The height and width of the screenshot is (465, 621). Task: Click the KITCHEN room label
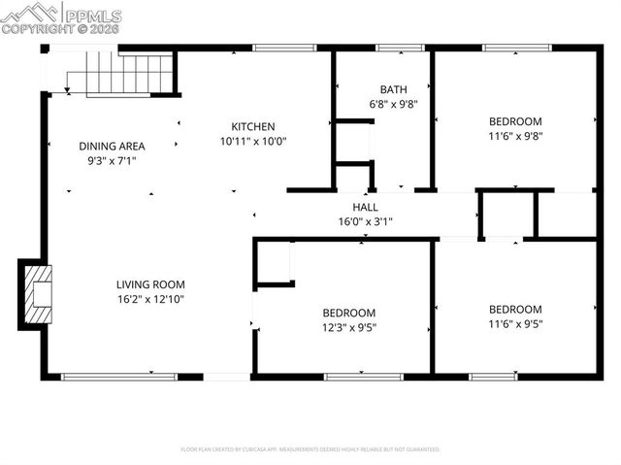[253, 126]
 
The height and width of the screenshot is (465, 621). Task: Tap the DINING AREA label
[112, 146]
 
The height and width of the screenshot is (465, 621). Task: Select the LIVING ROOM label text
[149, 284]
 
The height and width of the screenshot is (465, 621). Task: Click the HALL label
[365, 207]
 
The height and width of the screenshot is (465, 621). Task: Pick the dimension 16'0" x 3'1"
[365, 221]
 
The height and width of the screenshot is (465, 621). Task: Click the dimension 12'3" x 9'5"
[349, 327]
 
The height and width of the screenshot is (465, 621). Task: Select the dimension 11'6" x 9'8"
[515, 136]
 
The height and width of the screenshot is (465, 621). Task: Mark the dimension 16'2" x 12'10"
[149, 299]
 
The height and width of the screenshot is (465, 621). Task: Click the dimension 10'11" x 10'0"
[253, 141]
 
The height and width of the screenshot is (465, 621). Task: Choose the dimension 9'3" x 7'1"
[112, 160]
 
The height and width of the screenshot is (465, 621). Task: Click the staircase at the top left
[124, 73]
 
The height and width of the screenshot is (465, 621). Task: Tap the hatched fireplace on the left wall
[37, 294]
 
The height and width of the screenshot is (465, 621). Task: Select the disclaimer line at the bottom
[310, 449]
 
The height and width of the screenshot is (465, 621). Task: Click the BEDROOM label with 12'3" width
[349, 313]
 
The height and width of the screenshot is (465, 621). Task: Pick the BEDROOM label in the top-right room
[515, 121]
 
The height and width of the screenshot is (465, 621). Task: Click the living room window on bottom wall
[118, 376]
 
